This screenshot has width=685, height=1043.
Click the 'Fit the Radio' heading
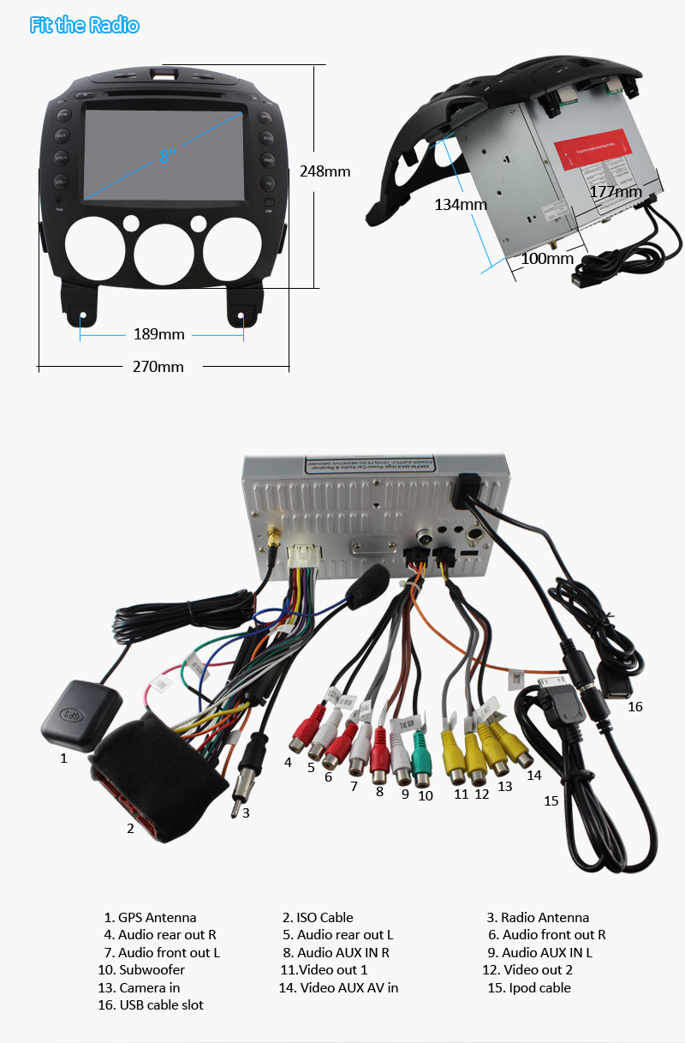coord(84,25)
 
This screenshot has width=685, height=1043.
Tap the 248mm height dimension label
coord(325,171)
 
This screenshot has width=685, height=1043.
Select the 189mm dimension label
coord(158,334)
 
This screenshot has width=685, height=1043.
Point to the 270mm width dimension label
coord(158,367)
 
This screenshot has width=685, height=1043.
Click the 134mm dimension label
coord(460,204)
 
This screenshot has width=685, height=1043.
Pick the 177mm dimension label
coord(615,192)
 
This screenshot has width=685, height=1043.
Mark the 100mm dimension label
coord(546,258)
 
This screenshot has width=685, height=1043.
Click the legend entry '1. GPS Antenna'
coord(150,917)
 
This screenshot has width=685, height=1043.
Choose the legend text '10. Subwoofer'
coord(140,969)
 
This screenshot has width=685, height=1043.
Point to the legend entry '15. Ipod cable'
coord(528,987)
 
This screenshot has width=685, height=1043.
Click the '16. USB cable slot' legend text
coord(152,1004)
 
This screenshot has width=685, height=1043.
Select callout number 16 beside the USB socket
coord(634,707)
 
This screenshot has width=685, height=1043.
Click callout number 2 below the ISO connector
coord(130,828)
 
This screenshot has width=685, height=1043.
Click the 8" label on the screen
coord(166,155)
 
